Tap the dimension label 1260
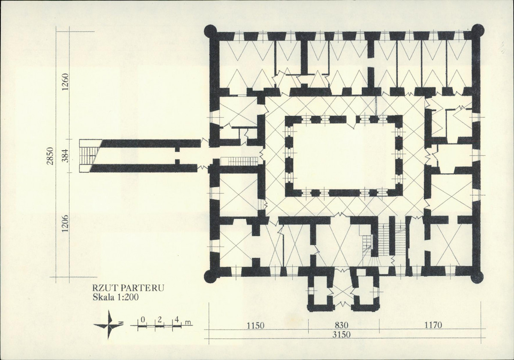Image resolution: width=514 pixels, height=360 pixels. click(65, 82)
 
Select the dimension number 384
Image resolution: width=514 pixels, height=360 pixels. click(65, 156)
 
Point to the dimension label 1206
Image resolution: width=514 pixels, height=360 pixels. click(65, 223)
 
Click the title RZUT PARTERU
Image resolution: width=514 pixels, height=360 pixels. click(128, 288)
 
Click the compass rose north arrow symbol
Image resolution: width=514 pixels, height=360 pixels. click(109, 324)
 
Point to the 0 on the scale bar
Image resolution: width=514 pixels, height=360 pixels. click(143, 319)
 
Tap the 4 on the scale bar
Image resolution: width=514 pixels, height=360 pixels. click(176, 319)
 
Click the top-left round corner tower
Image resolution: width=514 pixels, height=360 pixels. click(211, 31)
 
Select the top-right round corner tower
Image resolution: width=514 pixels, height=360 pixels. click(477, 31)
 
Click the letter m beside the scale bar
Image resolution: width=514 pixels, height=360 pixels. click(188, 323)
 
